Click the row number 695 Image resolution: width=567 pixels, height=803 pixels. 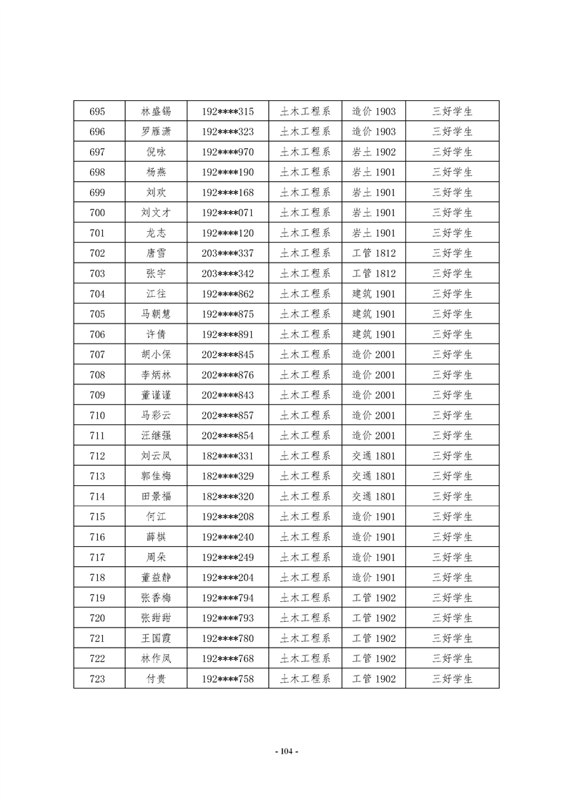coord(98,112)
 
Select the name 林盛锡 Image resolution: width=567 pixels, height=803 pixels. coord(156,112)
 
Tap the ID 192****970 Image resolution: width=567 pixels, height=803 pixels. coord(227,152)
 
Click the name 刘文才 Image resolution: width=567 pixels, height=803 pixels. coord(156,213)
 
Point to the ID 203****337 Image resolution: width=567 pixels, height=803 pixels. coord(227,253)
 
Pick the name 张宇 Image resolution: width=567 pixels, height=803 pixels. coord(156,273)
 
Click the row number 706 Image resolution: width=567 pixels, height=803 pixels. coord(98,334)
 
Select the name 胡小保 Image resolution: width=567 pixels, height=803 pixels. coord(156,354)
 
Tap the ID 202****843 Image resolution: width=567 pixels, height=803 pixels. coord(227,395)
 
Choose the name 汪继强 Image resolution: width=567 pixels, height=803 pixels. coord(156,436)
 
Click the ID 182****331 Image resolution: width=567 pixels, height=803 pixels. coord(227,456)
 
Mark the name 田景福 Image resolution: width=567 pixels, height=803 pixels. coord(156,497)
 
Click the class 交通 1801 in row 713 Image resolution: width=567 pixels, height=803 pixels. coord(373,476)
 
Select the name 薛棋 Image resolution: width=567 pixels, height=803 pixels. coord(156,537)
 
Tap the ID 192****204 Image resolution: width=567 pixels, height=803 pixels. coord(227,578)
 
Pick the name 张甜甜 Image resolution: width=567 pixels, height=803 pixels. coord(156,618)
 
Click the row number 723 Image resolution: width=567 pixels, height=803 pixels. coord(98,678)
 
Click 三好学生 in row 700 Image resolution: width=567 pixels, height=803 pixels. coord(452,213)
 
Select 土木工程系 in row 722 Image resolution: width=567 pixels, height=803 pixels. coord(305,658)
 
